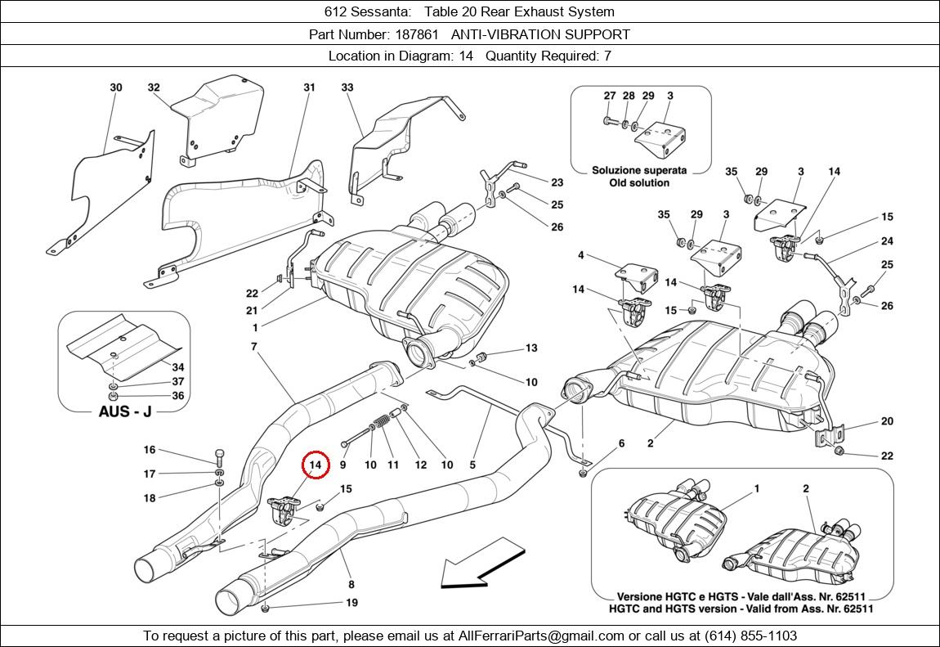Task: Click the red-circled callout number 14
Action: pyautogui.click(x=316, y=465)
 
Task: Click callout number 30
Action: pyautogui.click(x=116, y=88)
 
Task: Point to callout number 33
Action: pyautogui.click(x=347, y=88)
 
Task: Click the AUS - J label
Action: pyautogui.click(x=124, y=411)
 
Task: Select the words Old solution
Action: pyautogui.click(x=639, y=182)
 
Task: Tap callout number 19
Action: pyautogui.click(x=352, y=604)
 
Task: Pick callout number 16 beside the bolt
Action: pyautogui.click(x=150, y=450)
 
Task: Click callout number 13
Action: pyautogui.click(x=531, y=348)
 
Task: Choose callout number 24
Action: pyautogui.click(x=887, y=241)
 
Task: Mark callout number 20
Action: pyautogui.click(x=887, y=422)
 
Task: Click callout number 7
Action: pyautogui.click(x=254, y=347)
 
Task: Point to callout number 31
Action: pyautogui.click(x=309, y=88)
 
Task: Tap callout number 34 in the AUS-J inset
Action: pyautogui.click(x=177, y=367)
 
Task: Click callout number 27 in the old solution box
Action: pyautogui.click(x=610, y=96)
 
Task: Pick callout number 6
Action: pyautogui.click(x=621, y=443)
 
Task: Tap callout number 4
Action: pyautogui.click(x=581, y=256)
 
